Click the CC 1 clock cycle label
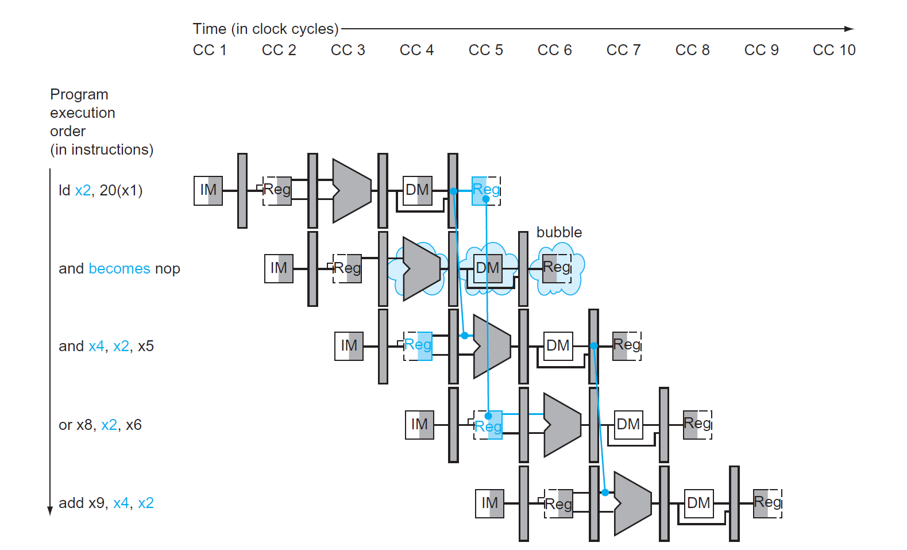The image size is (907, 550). (x=210, y=51)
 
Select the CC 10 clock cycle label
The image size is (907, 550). (x=834, y=51)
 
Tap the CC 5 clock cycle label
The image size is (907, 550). (x=485, y=51)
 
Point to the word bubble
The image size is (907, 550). (x=559, y=232)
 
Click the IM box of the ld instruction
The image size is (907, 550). (x=208, y=190)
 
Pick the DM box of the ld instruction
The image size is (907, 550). (x=417, y=190)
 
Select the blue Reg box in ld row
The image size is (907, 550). (x=486, y=190)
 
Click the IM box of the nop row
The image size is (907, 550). (x=279, y=268)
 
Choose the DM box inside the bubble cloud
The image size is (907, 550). (x=487, y=268)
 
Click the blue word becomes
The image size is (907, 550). (x=119, y=268)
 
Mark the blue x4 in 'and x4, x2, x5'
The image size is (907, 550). (x=97, y=346)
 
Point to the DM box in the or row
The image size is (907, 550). (x=628, y=425)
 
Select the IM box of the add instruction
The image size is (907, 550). (x=489, y=503)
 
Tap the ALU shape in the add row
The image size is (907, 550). (x=632, y=503)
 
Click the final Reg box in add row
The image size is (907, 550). (x=767, y=503)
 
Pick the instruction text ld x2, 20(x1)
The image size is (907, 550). (x=101, y=190)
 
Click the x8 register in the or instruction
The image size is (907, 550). (x=84, y=425)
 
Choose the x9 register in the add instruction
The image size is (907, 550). (x=96, y=503)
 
